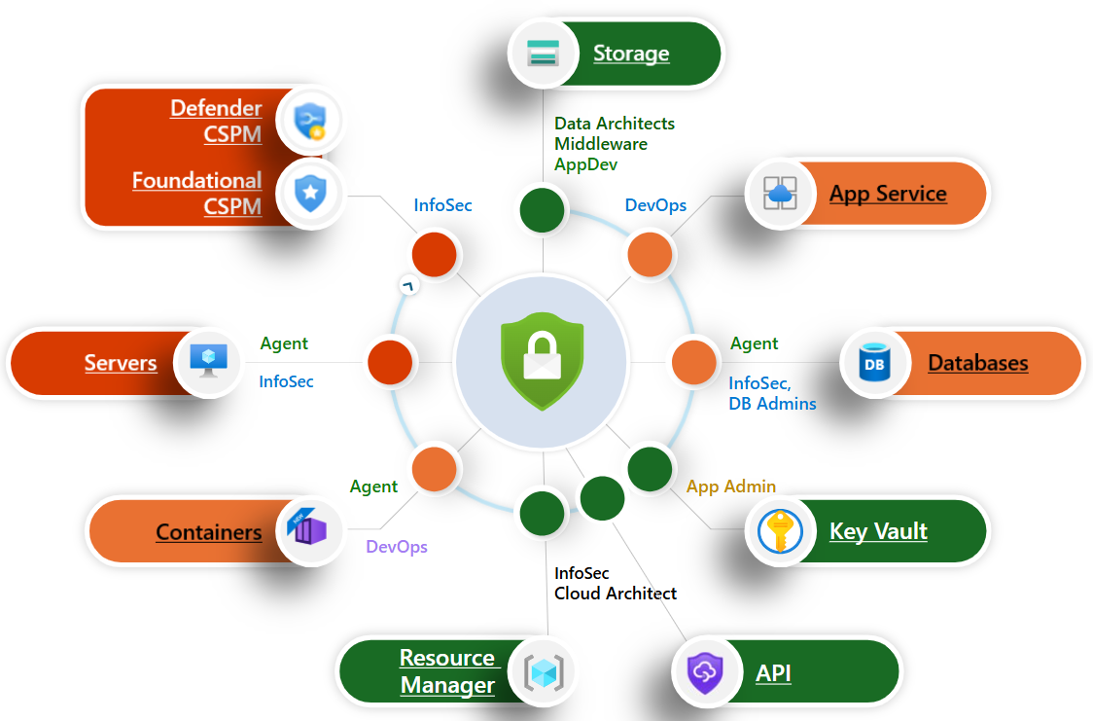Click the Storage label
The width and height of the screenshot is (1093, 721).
tap(631, 54)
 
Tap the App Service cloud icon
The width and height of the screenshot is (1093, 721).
tap(780, 193)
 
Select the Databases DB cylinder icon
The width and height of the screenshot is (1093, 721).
tap(872, 364)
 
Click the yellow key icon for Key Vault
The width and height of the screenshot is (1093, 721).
tap(779, 531)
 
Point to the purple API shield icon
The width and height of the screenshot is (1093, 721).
tap(704, 672)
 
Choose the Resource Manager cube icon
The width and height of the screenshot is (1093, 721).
tap(544, 671)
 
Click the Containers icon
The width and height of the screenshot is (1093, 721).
tap(308, 531)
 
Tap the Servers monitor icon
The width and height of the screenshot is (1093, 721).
tap(208, 362)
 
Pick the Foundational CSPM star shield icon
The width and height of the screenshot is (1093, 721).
tap(309, 193)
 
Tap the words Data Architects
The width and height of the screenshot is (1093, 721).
tap(614, 124)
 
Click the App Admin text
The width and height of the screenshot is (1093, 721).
tap(731, 487)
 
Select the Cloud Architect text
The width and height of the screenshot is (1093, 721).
tap(616, 594)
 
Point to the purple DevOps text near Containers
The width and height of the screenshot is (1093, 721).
tap(397, 547)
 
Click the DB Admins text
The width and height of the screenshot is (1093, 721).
tap(773, 404)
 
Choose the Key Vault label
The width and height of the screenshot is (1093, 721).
tap(878, 531)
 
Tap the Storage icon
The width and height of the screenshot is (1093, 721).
tap(543, 54)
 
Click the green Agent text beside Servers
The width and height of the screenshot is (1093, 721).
tap(284, 343)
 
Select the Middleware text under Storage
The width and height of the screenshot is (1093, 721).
tap(601, 144)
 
